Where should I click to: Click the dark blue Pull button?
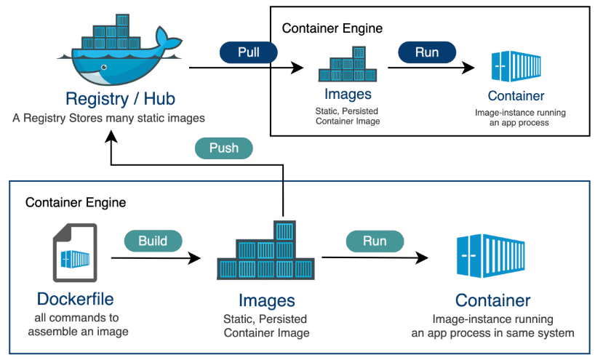[249, 52]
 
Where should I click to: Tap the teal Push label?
[224, 148]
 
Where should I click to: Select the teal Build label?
[153, 241]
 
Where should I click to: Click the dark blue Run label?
[427, 52]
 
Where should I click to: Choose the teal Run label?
[375, 241]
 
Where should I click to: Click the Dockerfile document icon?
[74, 254]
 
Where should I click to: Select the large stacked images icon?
[266, 252]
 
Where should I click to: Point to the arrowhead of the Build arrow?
[194, 257]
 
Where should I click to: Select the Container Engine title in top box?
[332, 29]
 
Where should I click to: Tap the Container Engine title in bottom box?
[76, 201]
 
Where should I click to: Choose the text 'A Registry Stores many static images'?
[109, 118]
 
